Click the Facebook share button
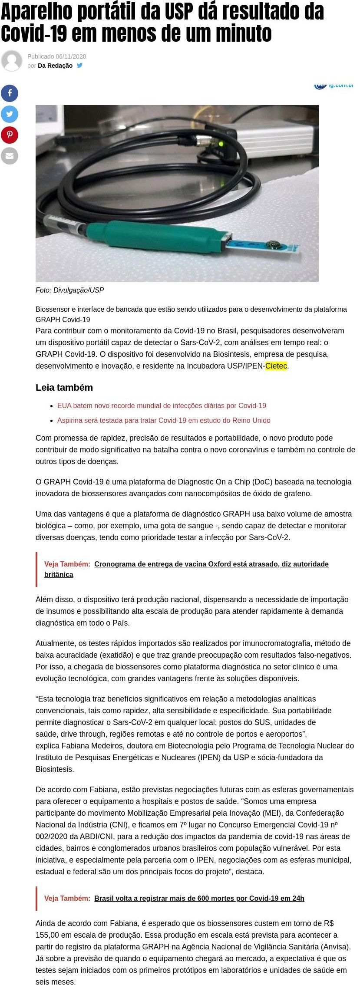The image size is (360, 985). click(x=10, y=93)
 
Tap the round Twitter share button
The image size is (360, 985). click(x=10, y=114)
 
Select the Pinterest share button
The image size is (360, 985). click(x=10, y=135)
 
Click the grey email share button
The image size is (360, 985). click(x=10, y=156)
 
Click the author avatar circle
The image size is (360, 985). click(x=12, y=61)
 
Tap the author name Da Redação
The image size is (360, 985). click(x=55, y=66)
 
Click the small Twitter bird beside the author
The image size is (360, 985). click(x=79, y=66)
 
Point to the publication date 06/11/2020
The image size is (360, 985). click(x=71, y=56)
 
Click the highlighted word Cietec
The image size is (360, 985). click(x=276, y=366)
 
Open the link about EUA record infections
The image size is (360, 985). click(x=162, y=405)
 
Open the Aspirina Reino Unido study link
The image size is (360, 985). click(x=164, y=420)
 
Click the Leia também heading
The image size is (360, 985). click(x=64, y=387)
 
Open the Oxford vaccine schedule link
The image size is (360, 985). click(x=211, y=564)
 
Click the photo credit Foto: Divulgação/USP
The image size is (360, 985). click(x=70, y=290)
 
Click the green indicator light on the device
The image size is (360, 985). click(x=221, y=144)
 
